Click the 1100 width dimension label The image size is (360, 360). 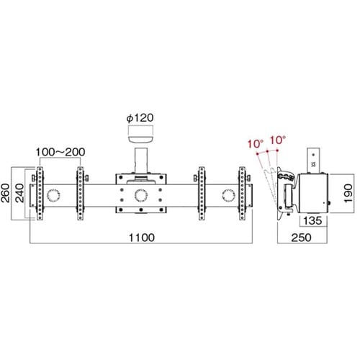tap(142, 238)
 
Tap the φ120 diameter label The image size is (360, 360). tap(140, 118)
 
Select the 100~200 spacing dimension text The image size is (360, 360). tap(60, 152)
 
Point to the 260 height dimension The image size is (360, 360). tap(5, 193)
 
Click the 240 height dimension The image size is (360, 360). tap(19, 193)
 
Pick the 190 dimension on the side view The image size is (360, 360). tap(348, 194)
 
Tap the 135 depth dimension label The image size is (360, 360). tap(312, 221)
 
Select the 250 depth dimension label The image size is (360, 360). tap(301, 238)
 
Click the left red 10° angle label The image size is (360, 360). tap(256, 144)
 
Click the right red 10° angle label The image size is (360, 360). tap(278, 140)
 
